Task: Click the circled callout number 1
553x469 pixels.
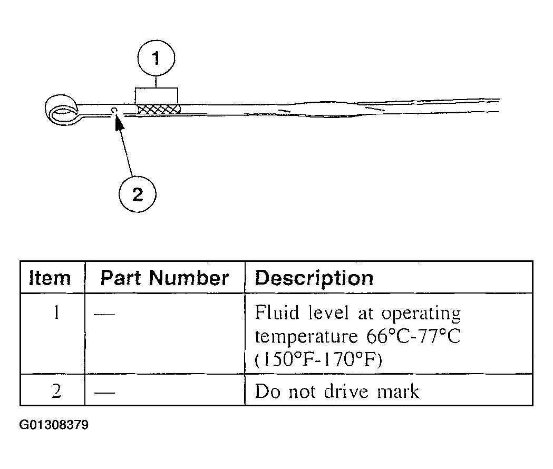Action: click(156, 58)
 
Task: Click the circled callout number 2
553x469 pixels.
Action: click(137, 194)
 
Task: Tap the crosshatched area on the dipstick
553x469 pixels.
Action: click(158, 109)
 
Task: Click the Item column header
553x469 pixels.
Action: click(50, 278)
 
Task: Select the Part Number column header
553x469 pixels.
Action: click(164, 278)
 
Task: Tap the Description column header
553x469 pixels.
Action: click(314, 278)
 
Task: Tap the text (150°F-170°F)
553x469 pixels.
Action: click(318, 359)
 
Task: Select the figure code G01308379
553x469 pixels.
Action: click(54, 425)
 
